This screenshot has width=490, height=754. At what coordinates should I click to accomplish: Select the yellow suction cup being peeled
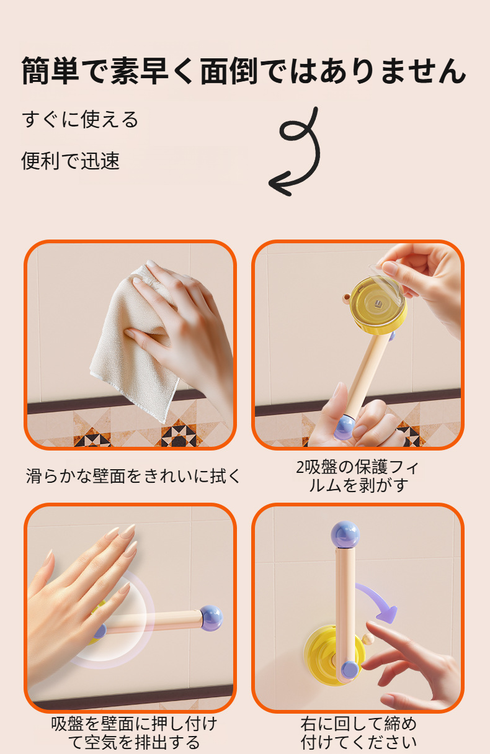pyautogui.click(x=378, y=305)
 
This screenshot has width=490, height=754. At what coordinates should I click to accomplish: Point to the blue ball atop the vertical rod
pyautogui.click(x=345, y=535)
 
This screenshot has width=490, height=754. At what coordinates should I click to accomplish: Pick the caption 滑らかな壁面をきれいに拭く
pyautogui.click(x=133, y=477)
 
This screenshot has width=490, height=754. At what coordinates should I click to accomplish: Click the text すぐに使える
pyautogui.click(x=80, y=120)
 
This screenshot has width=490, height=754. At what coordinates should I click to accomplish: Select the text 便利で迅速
pyautogui.click(x=71, y=161)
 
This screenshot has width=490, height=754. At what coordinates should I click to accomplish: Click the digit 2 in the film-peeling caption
pyautogui.click(x=300, y=467)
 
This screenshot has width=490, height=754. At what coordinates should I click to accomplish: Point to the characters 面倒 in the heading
pyautogui.click(x=229, y=71)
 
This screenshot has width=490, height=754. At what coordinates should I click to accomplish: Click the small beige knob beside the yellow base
pyautogui.click(x=368, y=639)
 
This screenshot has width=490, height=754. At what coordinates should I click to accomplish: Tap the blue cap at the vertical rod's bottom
pyautogui.click(x=349, y=670)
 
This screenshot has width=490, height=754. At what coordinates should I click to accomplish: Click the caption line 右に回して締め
pyautogui.click(x=359, y=724)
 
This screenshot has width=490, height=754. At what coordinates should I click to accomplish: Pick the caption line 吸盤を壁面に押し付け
pyautogui.click(x=134, y=724)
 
